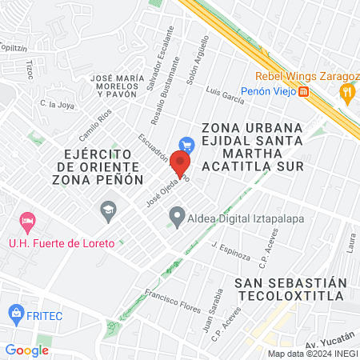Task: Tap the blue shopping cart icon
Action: tap(187, 145)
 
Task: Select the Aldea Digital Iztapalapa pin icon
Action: tap(176, 215)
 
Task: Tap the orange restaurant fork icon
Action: tap(346, 91)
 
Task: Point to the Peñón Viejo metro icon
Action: tap(304, 92)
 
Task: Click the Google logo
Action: tap(26, 350)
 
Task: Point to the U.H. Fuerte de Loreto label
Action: tap(62, 242)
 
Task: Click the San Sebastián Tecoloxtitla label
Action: tap(290, 289)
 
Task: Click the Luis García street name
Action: tap(224, 96)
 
